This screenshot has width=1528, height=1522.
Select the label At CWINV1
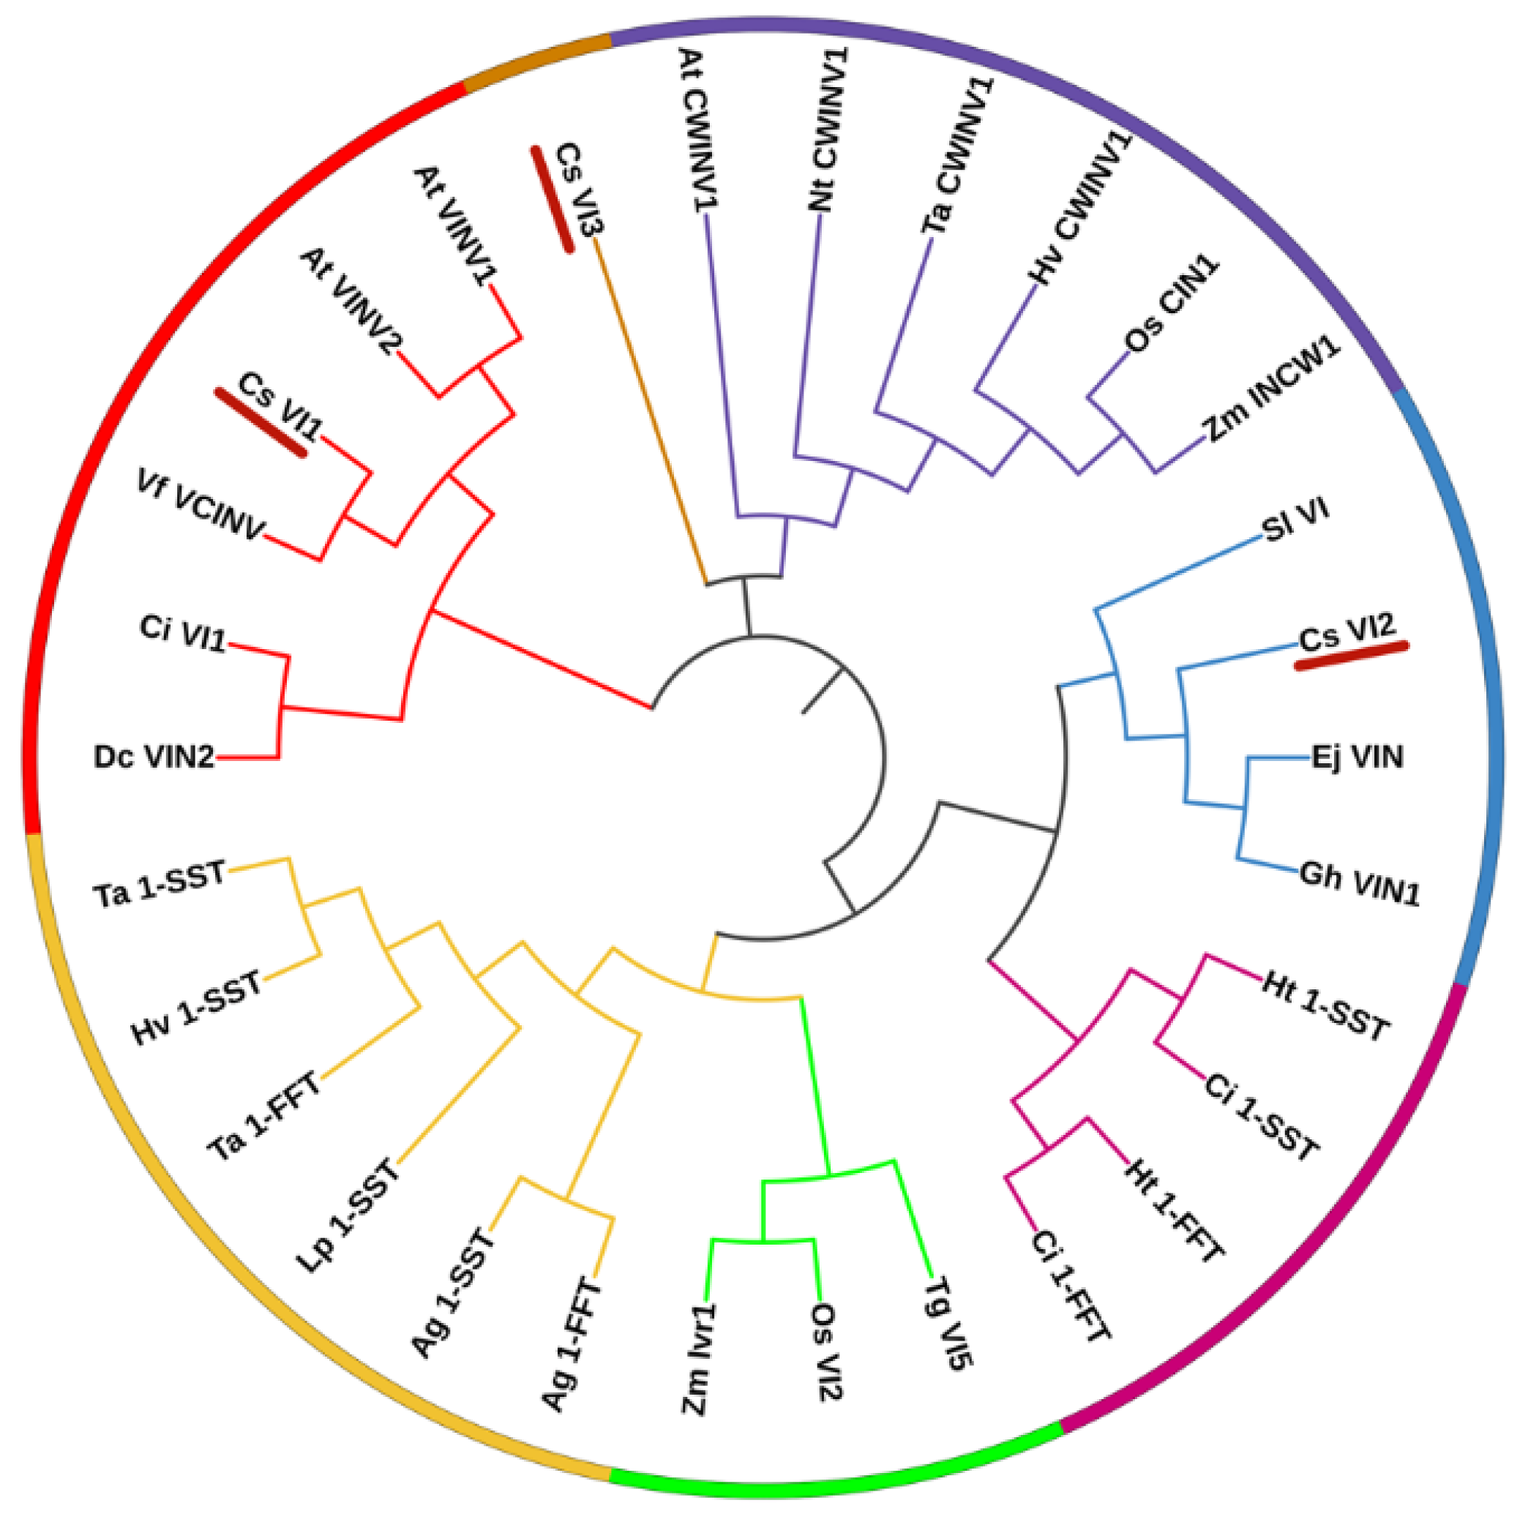[x=697, y=130]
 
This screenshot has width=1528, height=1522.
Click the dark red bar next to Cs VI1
[x=261, y=422]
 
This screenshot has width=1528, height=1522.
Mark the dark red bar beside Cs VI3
[x=552, y=199]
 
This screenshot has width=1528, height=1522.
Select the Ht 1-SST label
[x=1325, y=1005]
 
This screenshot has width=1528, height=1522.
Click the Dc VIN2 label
[x=154, y=757]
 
